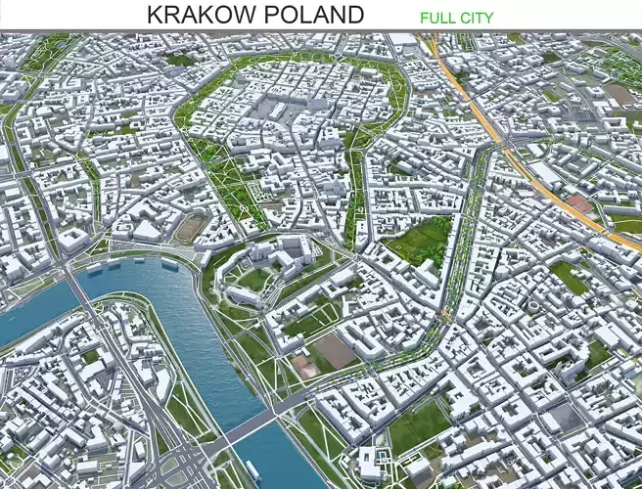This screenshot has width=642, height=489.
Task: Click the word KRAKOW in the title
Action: [x=202, y=15]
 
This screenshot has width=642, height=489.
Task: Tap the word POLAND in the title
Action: [x=314, y=15]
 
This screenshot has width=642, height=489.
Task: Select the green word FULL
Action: [x=437, y=18]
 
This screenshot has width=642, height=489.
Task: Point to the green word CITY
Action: [x=478, y=18]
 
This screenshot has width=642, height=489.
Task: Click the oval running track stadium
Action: [x=190, y=229]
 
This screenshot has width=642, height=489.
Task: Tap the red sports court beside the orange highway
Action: [x=579, y=204]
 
